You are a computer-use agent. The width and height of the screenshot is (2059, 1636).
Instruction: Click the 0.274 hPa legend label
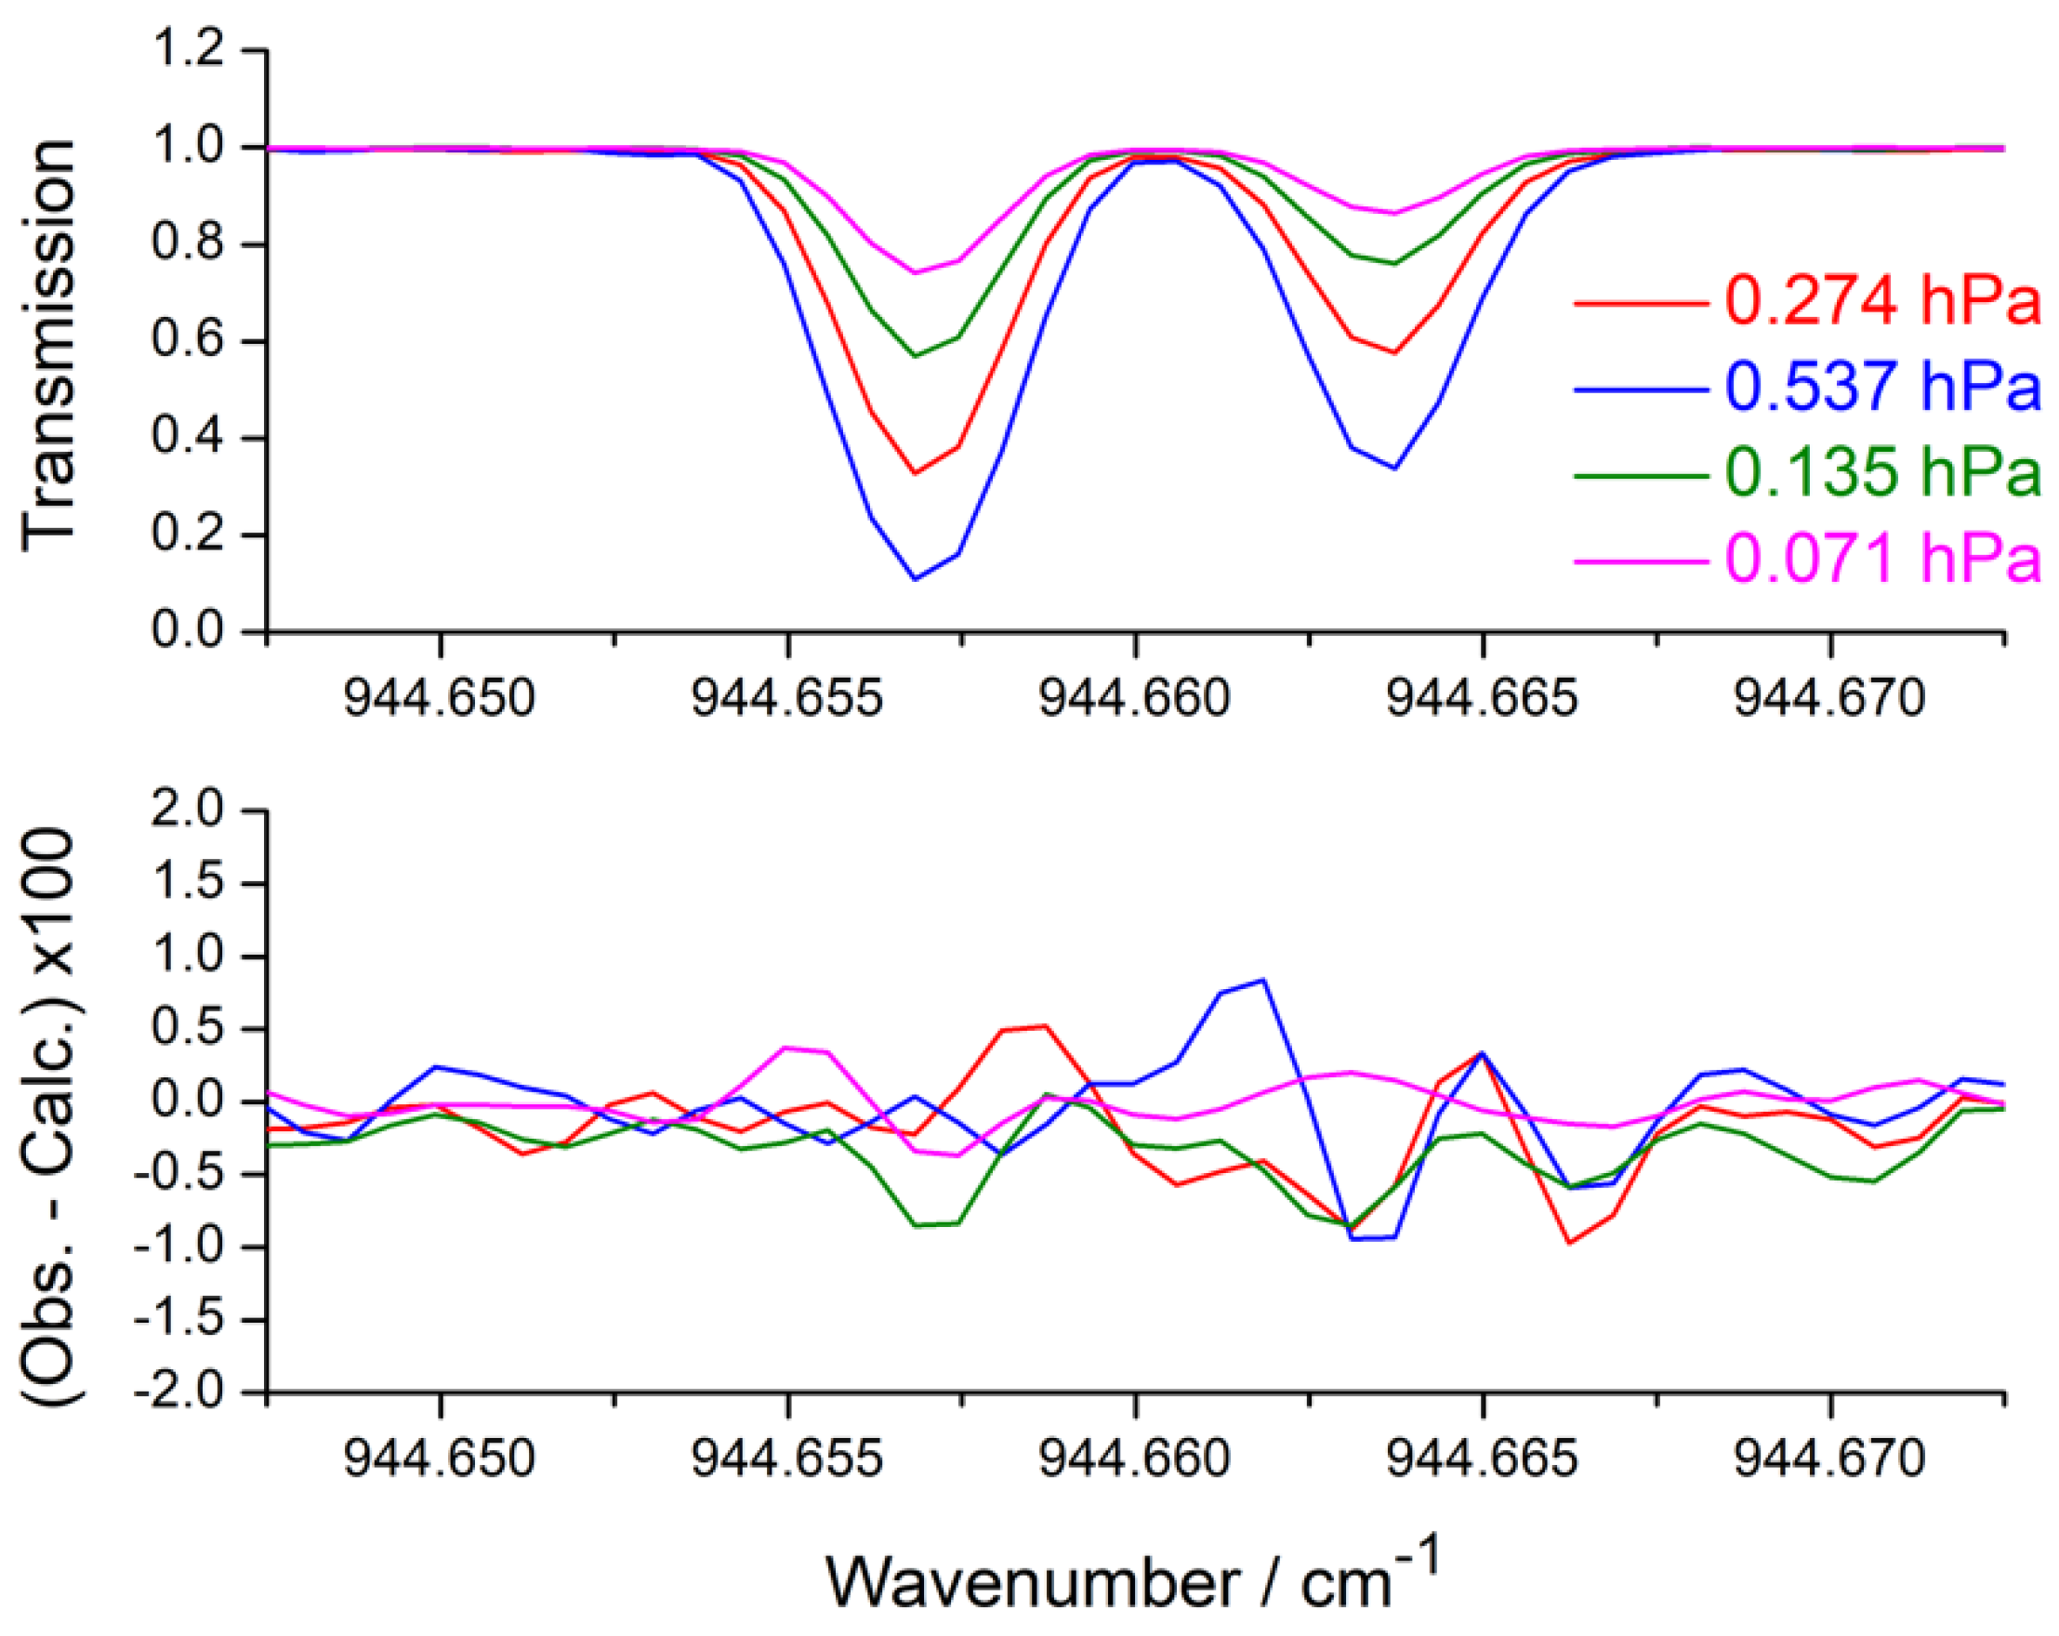(x=1882, y=302)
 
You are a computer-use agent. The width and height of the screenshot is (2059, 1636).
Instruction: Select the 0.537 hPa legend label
(x=1882, y=387)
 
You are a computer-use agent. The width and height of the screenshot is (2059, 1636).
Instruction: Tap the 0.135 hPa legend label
(x=1882, y=472)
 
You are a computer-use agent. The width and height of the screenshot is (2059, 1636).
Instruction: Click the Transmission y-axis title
(x=47, y=344)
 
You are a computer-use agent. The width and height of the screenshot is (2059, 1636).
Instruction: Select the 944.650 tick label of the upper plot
(x=440, y=699)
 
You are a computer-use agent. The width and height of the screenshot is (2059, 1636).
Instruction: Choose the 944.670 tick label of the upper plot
(x=1829, y=699)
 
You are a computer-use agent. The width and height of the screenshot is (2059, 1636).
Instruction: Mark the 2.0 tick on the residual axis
(x=200, y=811)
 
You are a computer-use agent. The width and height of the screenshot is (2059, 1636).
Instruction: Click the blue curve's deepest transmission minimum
(x=915, y=579)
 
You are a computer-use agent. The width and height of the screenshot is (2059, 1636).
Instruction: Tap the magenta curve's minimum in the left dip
(x=915, y=273)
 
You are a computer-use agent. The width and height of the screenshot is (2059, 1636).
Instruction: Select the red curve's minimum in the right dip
(x=1395, y=352)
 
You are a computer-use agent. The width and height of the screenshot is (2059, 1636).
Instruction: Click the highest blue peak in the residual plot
(x=1263, y=980)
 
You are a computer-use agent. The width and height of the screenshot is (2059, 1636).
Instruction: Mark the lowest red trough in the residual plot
(x=1569, y=1243)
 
